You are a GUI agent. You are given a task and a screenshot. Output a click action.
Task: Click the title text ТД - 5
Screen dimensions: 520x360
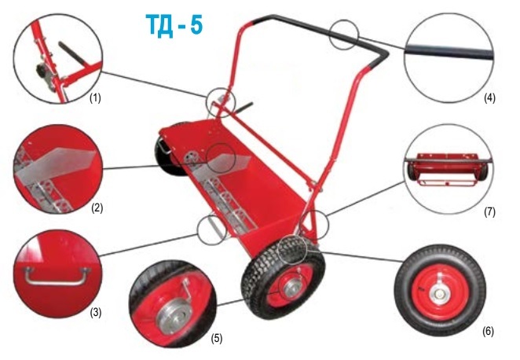174,24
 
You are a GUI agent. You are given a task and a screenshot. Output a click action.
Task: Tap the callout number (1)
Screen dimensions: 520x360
94,99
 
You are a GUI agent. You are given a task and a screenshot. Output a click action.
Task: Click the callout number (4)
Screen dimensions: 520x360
489,99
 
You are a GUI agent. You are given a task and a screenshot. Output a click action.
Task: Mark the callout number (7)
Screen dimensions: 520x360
489,211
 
